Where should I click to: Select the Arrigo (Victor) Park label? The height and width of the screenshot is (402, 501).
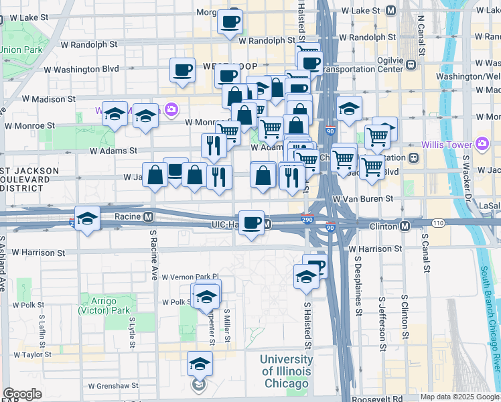[x=104, y=306]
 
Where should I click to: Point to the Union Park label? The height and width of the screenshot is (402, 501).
[x=21, y=50]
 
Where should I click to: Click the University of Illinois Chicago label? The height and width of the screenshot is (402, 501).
[x=286, y=372]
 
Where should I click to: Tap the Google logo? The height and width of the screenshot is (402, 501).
[x=22, y=394]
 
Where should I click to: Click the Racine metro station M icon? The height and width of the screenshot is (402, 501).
[x=149, y=217]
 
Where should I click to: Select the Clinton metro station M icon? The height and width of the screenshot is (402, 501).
[x=405, y=226]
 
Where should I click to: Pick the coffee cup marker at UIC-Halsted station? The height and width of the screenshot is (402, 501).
[x=252, y=222]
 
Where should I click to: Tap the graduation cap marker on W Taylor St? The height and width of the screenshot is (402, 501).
[x=200, y=364]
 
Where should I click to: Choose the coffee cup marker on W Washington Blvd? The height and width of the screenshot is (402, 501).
[x=182, y=70]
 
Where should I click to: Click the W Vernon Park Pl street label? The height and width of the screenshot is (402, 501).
[x=190, y=276]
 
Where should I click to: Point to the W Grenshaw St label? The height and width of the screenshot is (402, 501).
[x=114, y=386]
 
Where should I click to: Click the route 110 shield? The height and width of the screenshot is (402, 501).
[x=438, y=222]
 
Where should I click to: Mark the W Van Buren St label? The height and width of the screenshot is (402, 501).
[x=364, y=199]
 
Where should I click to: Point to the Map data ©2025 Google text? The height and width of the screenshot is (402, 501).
[x=459, y=397]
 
